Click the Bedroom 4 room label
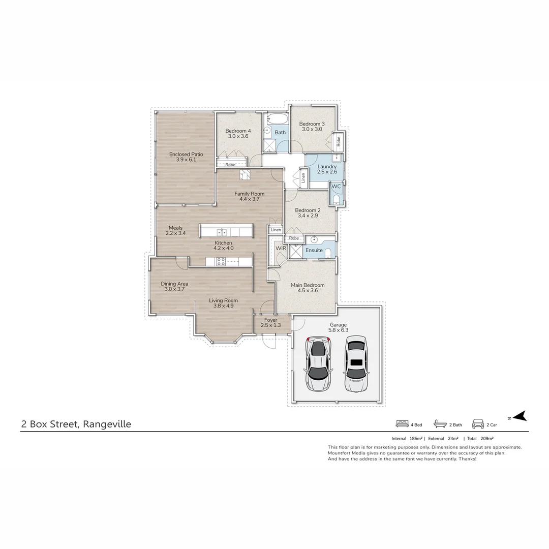point(238,131)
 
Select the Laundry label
point(326,167)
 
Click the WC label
point(336,187)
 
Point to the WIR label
point(281,248)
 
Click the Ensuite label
point(314,250)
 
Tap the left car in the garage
point(317,363)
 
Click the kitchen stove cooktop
point(221,262)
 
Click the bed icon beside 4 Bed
point(402,423)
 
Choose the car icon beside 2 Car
point(477,423)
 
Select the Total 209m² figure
point(480,438)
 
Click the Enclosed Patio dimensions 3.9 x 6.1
point(186,160)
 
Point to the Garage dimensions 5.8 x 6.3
point(338,330)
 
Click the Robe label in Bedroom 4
point(230,165)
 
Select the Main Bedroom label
point(308,285)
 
